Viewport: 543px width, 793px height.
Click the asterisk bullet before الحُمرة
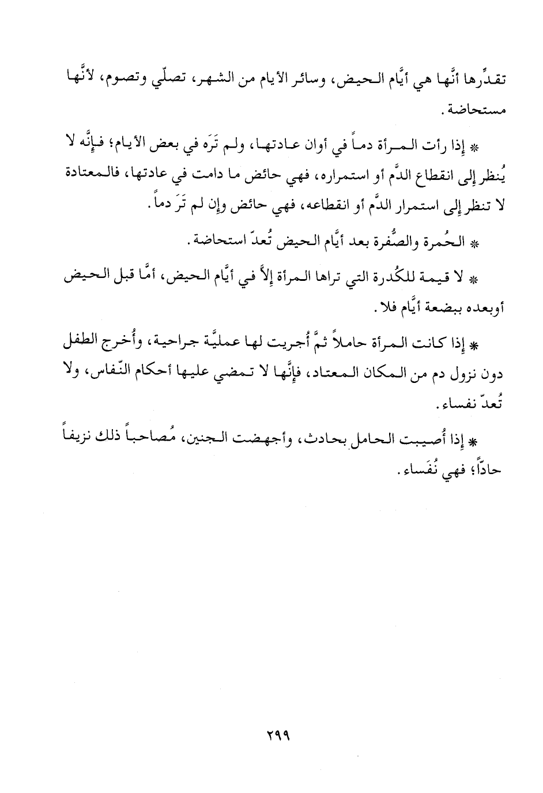474,244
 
